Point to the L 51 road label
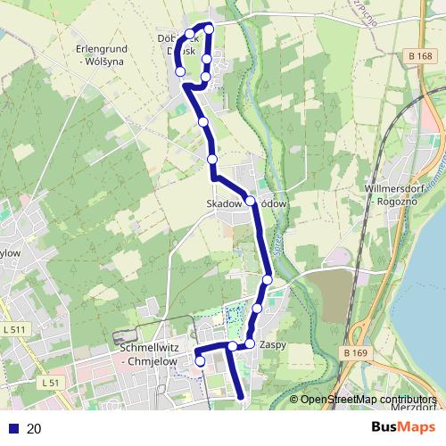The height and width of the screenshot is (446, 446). pos(50,383)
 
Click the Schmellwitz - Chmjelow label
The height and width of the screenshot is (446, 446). pos(146,355)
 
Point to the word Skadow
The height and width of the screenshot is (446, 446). pos(224,203)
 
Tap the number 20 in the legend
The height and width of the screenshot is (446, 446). pos(34,429)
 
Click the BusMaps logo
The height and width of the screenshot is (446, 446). pos(403,427)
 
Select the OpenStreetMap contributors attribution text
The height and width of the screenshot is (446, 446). pos(368,400)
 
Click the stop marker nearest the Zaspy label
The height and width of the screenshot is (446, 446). pos(251,343)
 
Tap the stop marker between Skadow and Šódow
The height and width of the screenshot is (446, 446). pos(251,201)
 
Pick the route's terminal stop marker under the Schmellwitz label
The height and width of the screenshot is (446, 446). pos(200,361)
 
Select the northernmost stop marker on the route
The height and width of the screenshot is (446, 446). pos(210,29)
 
